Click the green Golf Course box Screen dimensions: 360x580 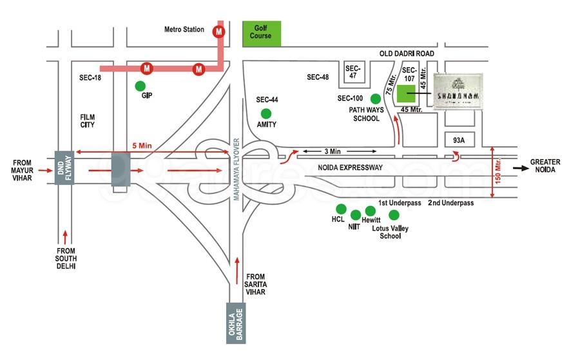coord(262,33)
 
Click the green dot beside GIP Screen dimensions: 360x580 coord(140,86)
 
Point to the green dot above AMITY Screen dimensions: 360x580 coord(266,113)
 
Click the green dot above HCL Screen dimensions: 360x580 coord(340,209)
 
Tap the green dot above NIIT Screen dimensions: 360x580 coord(355,214)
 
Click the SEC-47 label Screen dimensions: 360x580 coord(353,72)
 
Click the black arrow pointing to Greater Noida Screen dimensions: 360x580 coord(517,170)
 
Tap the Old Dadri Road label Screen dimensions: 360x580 coord(407,53)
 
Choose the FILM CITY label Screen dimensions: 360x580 coord(88,120)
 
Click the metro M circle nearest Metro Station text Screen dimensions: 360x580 coord(220,30)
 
